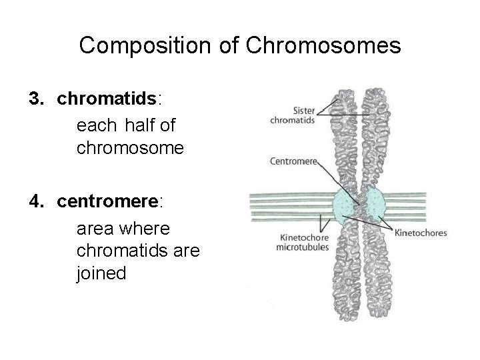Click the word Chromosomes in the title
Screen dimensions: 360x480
point(323,46)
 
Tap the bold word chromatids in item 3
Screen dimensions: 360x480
point(107,99)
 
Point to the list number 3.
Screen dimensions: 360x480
point(35,99)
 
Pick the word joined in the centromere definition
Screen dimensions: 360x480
point(101,273)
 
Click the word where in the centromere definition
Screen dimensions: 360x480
point(145,229)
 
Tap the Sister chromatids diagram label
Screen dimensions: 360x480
point(292,115)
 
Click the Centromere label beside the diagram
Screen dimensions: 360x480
point(293,161)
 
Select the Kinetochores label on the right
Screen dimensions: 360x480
point(421,233)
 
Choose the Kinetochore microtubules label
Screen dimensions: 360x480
point(302,242)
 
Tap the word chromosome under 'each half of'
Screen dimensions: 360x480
point(130,148)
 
